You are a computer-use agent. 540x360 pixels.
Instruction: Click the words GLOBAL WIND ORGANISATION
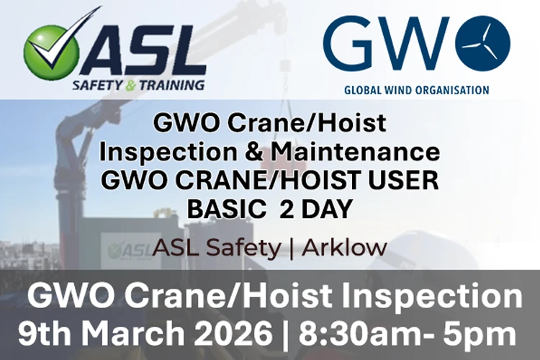pos(416,90)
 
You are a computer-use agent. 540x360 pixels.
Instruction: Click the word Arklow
pos(344,248)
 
